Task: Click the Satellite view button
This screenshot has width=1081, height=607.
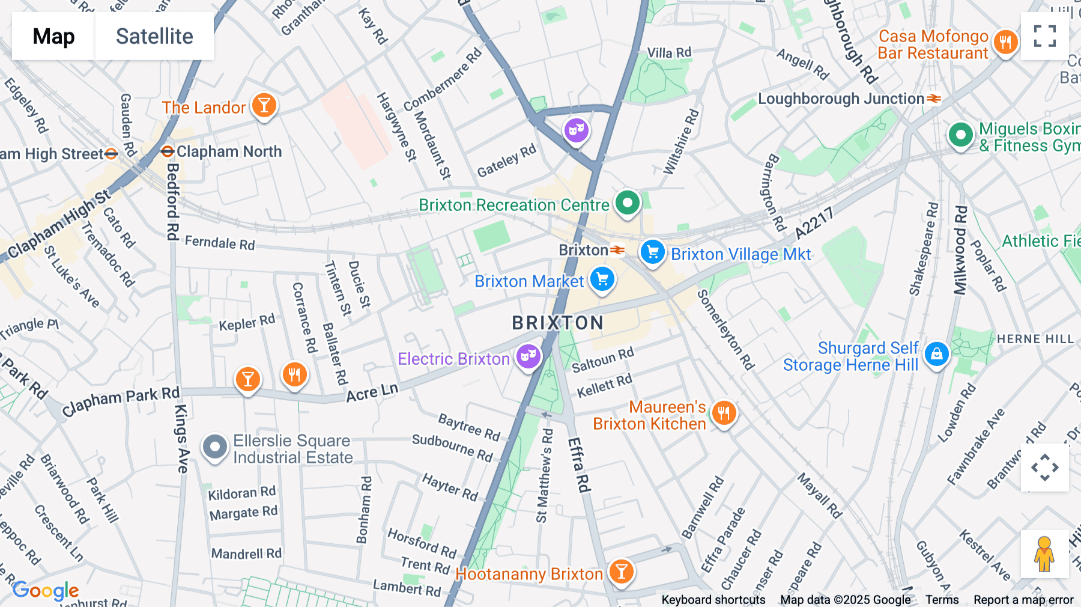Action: click(x=154, y=36)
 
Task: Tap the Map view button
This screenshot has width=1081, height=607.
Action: click(x=53, y=36)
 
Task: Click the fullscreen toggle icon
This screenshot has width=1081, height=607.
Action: click(x=1044, y=36)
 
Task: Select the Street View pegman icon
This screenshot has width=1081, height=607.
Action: click(x=1044, y=554)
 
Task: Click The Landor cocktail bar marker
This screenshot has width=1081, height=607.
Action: click(x=264, y=105)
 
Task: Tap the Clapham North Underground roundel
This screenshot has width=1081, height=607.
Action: click(x=168, y=151)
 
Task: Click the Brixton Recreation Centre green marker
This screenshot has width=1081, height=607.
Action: click(x=627, y=203)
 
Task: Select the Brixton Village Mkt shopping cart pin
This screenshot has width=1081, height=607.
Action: click(x=652, y=252)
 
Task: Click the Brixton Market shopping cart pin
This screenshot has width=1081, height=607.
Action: click(x=602, y=279)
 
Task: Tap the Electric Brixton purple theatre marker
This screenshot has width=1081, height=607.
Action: click(x=528, y=356)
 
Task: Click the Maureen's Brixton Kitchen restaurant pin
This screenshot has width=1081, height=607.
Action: click(x=724, y=413)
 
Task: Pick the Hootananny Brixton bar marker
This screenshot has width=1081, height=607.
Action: click(x=621, y=571)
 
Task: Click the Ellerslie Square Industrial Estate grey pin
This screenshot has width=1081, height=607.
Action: click(x=214, y=447)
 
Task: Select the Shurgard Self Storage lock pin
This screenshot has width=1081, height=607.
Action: click(x=936, y=354)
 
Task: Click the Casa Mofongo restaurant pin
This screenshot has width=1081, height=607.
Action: click(x=1005, y=42)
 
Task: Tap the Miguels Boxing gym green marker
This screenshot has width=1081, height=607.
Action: click(x=960, y=135)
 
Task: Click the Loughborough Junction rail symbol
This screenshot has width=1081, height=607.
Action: click(x=934, y=99)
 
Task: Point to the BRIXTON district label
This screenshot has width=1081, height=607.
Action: click(x=557, y=323)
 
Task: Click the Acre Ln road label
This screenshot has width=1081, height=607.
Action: click(x=372, y=392)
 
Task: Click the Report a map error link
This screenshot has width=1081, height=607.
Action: click(x=1023, y=600)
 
